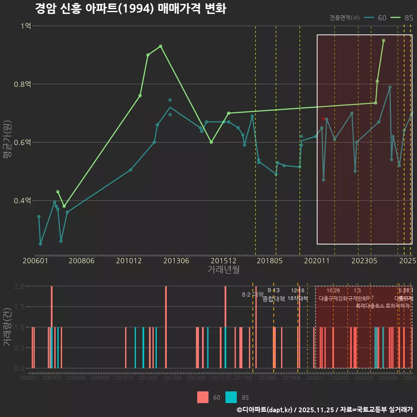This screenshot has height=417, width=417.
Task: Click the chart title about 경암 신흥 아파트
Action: (x=130, y=9)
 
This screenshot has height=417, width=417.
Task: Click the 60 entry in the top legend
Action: (x=382, y=18)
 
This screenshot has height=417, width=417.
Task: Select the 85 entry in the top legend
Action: (x=408, y=18)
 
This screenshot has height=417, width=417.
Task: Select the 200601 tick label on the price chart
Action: (x=35, y=261)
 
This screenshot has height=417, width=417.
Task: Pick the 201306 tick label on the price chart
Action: (x=176, y=261)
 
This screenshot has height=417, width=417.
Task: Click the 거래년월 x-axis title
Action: (x=223, y=270)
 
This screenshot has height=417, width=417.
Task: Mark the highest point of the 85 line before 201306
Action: (x=161, y=46)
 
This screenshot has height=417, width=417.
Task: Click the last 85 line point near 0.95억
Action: (x=383, y=40)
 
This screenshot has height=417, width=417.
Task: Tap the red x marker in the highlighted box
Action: (x=323, y=119)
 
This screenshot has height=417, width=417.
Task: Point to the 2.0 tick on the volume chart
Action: (x=19, y=286)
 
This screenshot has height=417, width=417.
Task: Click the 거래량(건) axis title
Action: (x=7, y=327)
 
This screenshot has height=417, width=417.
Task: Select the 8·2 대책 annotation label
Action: (x=253, y=295)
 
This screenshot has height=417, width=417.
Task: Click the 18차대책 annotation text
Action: (x=298, y=298)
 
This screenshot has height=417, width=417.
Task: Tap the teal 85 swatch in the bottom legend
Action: (x=231, y=397)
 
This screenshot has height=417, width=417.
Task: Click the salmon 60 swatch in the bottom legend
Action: (x=203, y=397)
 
